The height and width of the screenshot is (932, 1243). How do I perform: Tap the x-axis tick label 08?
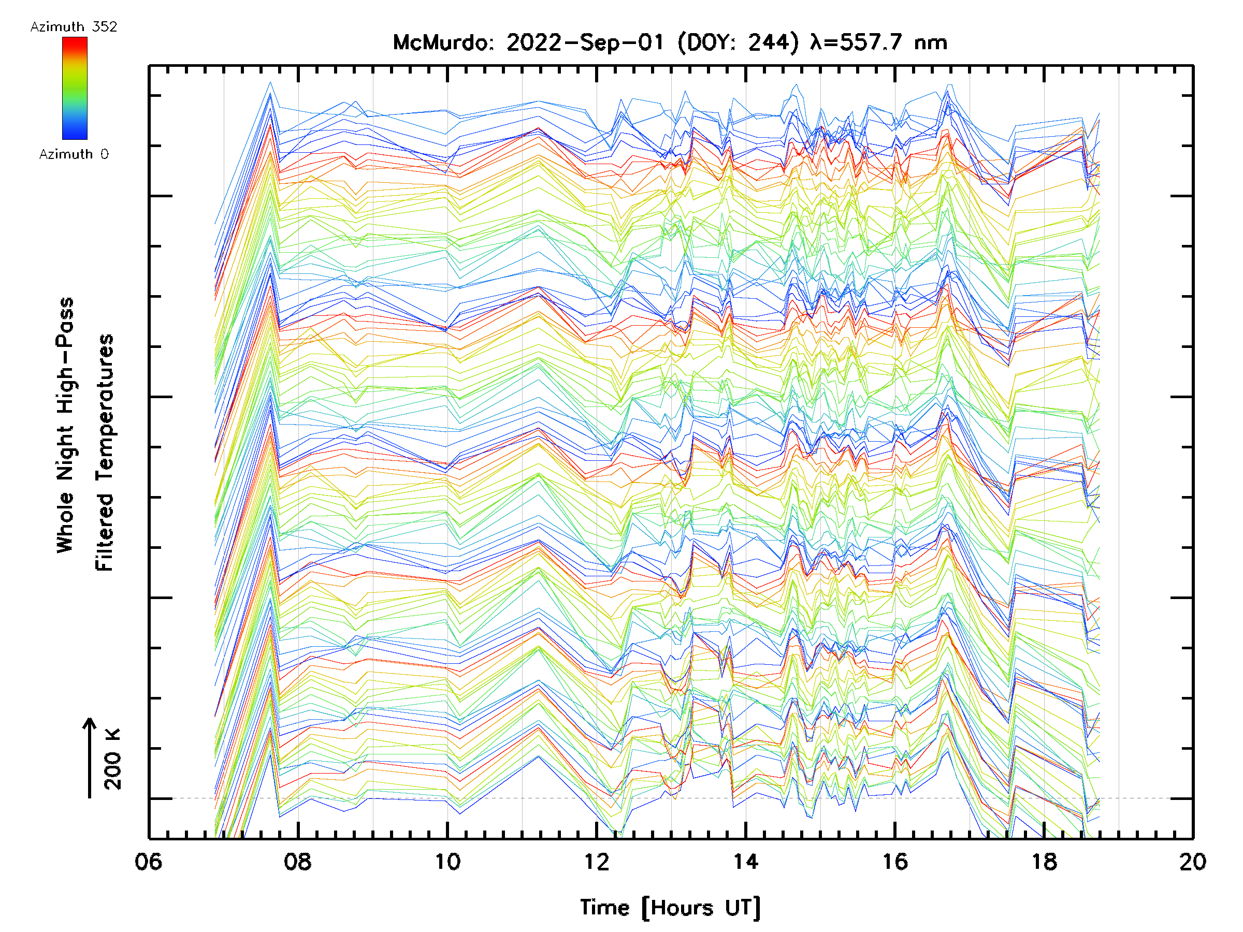click(297, 862)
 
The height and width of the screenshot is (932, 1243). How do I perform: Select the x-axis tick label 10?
click(447, 862)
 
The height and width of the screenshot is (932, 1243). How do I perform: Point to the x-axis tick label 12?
click(596, 862)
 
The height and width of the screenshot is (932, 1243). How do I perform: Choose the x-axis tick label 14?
click(746, 862)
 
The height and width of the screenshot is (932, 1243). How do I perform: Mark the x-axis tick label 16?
click(894, 862)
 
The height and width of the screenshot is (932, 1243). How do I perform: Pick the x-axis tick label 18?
click(1044, 862)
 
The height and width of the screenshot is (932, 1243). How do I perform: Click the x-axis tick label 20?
click(1192, 862)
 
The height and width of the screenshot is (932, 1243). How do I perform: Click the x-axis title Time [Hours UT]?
click(670, 907)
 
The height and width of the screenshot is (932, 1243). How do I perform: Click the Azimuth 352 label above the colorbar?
click(74, 27)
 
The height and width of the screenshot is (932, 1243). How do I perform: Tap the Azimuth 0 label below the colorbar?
click(74, 154)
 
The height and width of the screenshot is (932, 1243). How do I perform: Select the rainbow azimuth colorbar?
click(75, 88)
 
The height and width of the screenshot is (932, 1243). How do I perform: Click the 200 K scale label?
click(112, 760)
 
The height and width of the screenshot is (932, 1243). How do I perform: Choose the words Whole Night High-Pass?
click(65, 425)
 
